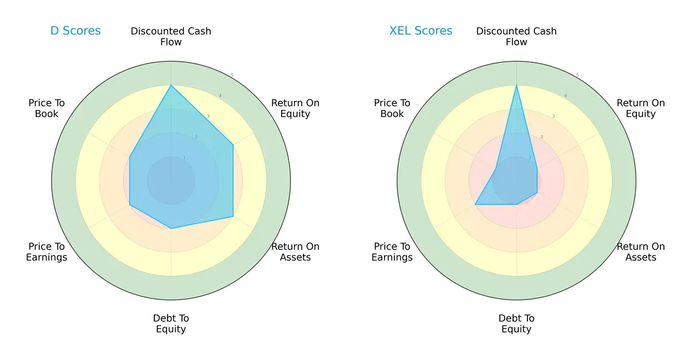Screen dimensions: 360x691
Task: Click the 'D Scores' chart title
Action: (75, 31)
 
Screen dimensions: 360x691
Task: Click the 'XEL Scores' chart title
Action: (421, 31)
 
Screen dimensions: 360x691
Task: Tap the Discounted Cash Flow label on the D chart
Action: (171, 36)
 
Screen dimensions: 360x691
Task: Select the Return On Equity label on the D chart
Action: (295, 108)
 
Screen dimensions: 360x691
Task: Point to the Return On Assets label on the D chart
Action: (295, 252)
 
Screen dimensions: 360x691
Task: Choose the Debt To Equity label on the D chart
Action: (171, 324)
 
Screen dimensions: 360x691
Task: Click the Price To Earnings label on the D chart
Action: (47, 252)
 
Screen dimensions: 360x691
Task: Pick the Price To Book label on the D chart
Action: (47, 108)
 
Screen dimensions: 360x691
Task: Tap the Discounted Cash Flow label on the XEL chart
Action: (517, 36)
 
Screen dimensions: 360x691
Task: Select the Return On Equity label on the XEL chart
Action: (641, 108)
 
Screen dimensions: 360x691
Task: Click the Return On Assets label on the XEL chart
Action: (641, 252)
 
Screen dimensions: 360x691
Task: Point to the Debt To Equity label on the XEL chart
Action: (517, 324)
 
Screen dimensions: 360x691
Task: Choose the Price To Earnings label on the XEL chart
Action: (392, 252)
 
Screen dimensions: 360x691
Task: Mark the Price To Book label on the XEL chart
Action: (392, 108)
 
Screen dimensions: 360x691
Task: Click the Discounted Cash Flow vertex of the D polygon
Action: (171, 85)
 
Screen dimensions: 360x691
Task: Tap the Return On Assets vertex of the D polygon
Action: (233, 217)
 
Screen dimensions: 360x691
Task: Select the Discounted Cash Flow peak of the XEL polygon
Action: (517, 85)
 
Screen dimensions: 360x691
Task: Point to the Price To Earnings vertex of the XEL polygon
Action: (475, 204)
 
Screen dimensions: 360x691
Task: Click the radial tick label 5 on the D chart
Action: (232, 75)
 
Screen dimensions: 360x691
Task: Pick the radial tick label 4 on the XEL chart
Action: (565, 96)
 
